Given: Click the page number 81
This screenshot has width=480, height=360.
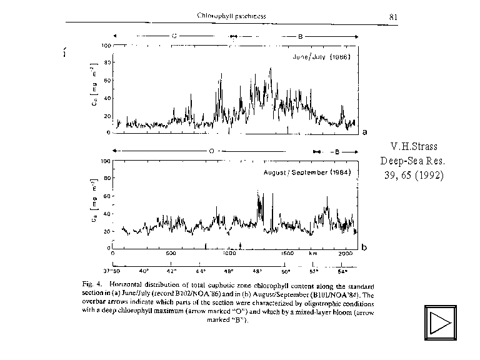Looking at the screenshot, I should click(x=394, y=17).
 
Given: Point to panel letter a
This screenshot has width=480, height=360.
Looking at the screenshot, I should click(x=364, y=132).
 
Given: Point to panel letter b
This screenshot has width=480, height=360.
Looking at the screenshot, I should click(x=364, y=248).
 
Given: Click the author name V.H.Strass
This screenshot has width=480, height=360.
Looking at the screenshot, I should click(x=413, y=147).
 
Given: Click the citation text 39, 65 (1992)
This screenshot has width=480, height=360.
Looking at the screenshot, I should click(x=413, y=175).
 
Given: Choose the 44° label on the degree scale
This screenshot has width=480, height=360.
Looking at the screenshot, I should click(x=201, y=272).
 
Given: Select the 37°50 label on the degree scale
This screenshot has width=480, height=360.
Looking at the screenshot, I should click(x=112, y=272).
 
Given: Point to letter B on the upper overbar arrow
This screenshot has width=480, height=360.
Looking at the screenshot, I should click(x=300, y=37).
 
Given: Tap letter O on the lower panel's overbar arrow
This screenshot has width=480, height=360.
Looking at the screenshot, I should click(x=211, y=152).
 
